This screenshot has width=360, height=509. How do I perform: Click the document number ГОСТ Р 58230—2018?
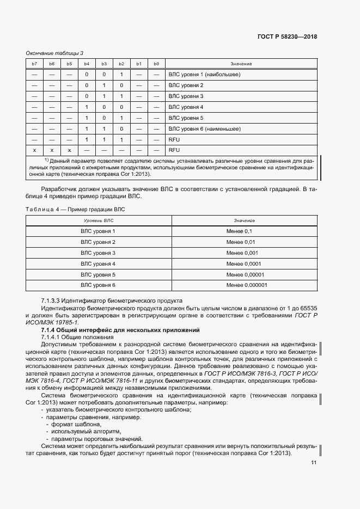(287, 37)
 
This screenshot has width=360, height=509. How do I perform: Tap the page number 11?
(314, 463)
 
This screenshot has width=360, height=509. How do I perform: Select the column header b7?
(35, 64)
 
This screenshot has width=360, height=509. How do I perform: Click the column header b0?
(156, 64)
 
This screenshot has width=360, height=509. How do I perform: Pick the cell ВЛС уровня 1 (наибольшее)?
(204, 75)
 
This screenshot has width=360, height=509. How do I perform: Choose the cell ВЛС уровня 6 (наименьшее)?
(205, 129)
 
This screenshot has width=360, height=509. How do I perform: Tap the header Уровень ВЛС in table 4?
(98, 221)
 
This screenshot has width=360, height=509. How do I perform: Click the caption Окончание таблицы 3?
(54, 53)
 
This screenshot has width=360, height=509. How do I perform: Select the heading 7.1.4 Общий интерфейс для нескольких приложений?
(121, 330)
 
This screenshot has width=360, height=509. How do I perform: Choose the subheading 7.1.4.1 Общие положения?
(74, 338)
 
